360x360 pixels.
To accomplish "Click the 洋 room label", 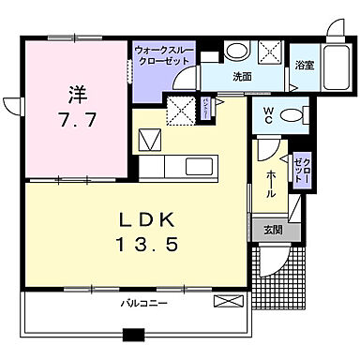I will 77,94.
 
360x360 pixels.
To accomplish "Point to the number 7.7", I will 77,120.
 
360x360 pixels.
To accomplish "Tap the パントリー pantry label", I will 206,112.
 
